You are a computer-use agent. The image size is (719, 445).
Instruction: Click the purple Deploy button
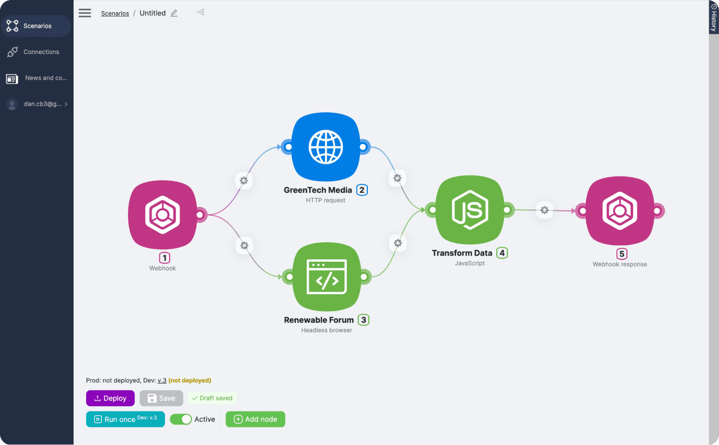(x=110, y=398)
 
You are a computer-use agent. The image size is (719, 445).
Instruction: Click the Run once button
(x=125, y=419)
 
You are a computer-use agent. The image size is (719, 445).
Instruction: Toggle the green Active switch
(x=181, y=419)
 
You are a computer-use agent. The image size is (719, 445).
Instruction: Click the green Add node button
(x=255, y=419)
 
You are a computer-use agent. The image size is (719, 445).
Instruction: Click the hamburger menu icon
(x=85, y=13)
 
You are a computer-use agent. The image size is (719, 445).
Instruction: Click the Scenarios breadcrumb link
(x=115, y=13)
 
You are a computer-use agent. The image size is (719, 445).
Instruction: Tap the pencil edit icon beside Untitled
(x=174, y=13)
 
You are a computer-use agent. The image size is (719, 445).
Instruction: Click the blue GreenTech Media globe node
(x=325, y=147)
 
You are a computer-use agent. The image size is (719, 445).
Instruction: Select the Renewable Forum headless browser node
(x=327, y=277)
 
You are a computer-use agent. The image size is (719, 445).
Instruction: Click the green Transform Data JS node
(x=470, y=210)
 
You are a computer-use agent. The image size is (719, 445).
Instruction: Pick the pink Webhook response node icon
(x=619, y=211)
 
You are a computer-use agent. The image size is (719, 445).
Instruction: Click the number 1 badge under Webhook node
(x=164, y=258)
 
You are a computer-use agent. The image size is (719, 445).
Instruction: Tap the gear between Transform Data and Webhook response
(x=544, y=210)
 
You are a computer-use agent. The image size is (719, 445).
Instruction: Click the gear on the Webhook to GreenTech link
(x=244, y=181)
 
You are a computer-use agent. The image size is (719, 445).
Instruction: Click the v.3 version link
(x=162, y=380)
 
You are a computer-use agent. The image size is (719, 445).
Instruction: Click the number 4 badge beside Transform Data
(x=502, y=253)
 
